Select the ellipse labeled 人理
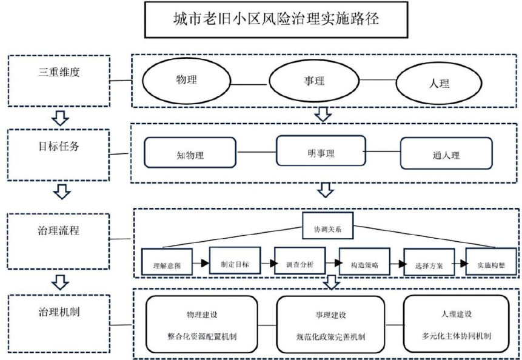coord(438,82)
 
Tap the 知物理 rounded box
coord(190,153)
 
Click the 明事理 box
coord(321,151)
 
